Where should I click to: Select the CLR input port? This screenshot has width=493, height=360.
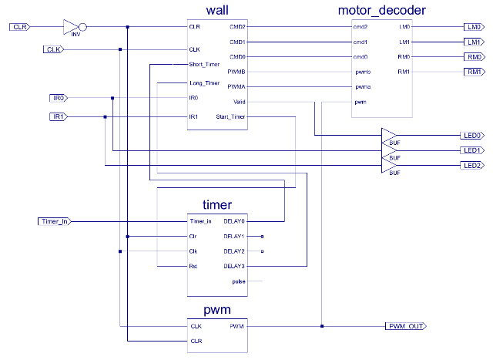(19, 27)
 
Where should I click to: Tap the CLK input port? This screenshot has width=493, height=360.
(52, 50)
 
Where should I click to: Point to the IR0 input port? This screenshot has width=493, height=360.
(59, 98)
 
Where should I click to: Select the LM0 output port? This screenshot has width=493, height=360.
(472, 27)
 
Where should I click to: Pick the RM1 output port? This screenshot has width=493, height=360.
(472, 72)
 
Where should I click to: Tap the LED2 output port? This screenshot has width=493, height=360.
(472, 166)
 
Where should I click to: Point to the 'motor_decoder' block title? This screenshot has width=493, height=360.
(381, 10)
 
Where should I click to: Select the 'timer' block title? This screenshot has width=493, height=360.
(216, 204)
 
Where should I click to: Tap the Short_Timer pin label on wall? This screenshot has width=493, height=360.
(204, 65)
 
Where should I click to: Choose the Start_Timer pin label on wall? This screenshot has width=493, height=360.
(230, 117)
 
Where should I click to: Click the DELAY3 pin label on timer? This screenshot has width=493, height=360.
(233, 266)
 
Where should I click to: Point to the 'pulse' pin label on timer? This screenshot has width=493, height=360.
(238, 281)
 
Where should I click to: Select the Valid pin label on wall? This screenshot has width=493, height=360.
(238, 102)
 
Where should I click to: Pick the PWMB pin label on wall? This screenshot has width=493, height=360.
(236, 72)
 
